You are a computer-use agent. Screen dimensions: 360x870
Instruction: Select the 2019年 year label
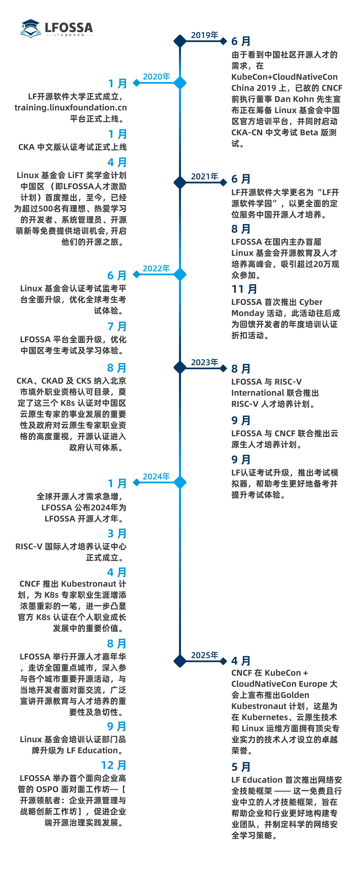pos(205,35)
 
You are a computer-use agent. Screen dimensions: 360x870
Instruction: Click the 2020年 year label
pos(156,77)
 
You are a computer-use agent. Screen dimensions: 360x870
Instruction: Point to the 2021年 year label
pos(205,176)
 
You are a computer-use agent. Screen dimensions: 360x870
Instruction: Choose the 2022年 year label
pos(156,269)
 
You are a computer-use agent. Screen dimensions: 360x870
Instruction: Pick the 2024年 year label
pos(156,477)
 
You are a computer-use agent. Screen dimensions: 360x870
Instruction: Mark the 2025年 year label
pos(205,655)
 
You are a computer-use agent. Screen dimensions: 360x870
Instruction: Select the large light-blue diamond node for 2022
pos(180,274)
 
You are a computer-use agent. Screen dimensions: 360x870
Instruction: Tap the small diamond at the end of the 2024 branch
pos(136,482)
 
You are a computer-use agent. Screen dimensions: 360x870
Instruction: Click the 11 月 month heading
pos(244,289)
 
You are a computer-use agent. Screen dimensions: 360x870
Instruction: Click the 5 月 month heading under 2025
pos(241,767)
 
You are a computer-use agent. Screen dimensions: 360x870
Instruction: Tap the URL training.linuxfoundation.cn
pos(70,108)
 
